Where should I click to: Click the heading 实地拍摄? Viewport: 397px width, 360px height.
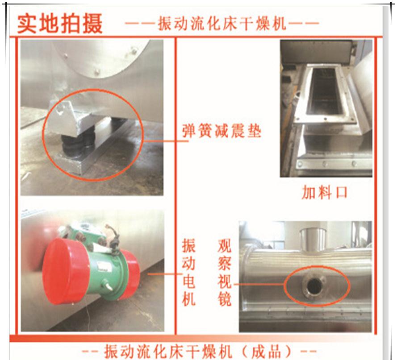click(x=60, y=24)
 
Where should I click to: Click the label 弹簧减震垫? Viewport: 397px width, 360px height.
click(x=221, y=131)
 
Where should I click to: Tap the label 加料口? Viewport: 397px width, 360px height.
click(x=324, y=192)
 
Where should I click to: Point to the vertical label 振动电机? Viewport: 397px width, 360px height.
click(x=188, y=272)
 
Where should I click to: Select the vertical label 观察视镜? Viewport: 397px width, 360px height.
click(x=224, y=272)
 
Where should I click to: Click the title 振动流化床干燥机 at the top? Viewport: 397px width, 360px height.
click(x=222, y=24)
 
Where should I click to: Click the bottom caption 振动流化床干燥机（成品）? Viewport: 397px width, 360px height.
click(x=198, y=351)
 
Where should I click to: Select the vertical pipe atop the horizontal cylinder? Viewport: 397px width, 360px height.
click(x=313, y=239)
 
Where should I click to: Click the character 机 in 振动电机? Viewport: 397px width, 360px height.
click(x=188, y=298)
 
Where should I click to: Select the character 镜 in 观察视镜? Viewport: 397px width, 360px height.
click(x=224, y=298)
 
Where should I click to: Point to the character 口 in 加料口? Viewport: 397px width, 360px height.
click(x=341, y=193)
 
